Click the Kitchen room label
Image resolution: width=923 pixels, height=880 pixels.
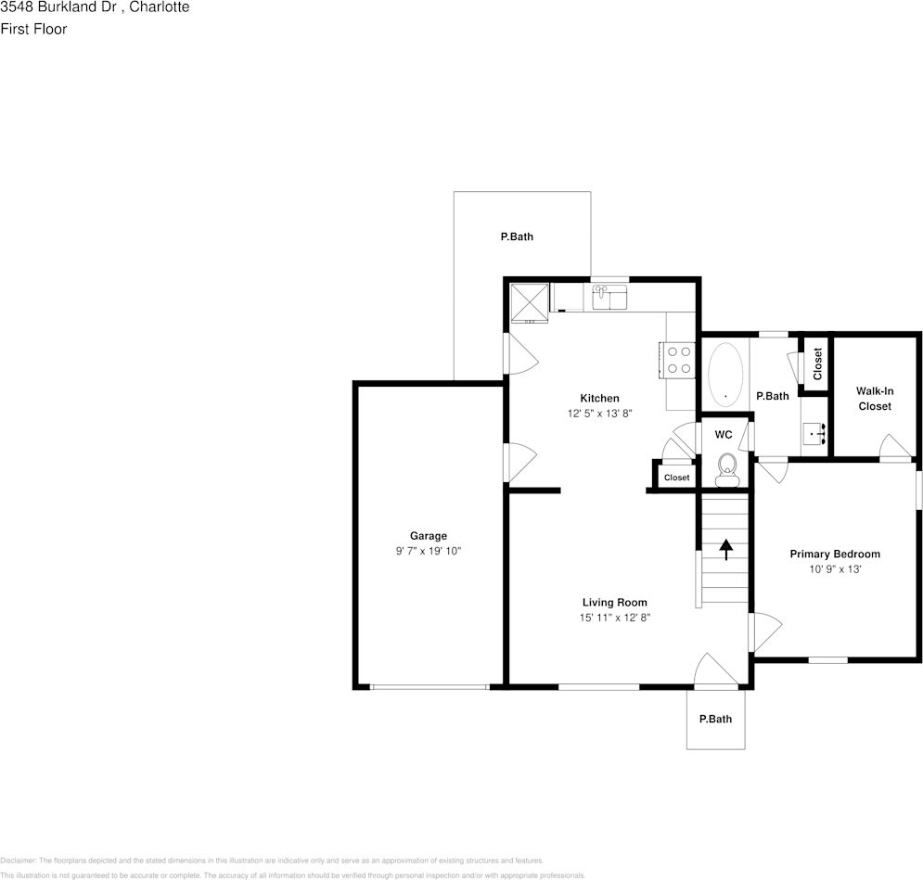click(x=599, y=398)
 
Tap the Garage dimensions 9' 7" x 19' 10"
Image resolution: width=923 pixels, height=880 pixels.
click(x=429, y=551)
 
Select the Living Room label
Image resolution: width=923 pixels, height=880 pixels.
click(x=614, y=603)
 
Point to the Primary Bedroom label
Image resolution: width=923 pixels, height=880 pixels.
click(x=835, y=555)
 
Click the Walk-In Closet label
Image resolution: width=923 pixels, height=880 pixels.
click(x=875, y=398)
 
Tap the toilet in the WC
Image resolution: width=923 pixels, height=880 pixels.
click(x=727, y=470)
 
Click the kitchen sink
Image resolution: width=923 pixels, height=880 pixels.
click(x=609, y=297)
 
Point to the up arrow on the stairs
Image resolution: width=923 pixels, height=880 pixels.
click(x=726, y=549)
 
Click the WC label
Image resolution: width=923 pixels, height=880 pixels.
click(x=724, y=435)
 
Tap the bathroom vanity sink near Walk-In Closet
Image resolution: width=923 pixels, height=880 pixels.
click(x=815, y=434)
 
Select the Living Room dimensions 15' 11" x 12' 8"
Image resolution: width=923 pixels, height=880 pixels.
click(x=614, y=618)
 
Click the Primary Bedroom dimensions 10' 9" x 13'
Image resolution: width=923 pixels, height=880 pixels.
click(x=835, y=569)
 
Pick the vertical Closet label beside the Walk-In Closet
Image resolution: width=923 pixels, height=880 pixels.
click(x=817, y=363)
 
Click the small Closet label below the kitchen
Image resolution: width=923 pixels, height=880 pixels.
click(x=676, y=478)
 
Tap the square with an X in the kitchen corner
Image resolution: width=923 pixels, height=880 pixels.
click(x=529, y=303)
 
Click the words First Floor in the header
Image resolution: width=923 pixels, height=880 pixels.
click(x=33, y=29)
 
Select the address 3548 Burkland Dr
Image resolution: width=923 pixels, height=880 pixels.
click(x=58, y=7)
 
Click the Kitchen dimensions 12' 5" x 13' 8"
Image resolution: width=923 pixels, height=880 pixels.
click(x=599, y=414)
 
